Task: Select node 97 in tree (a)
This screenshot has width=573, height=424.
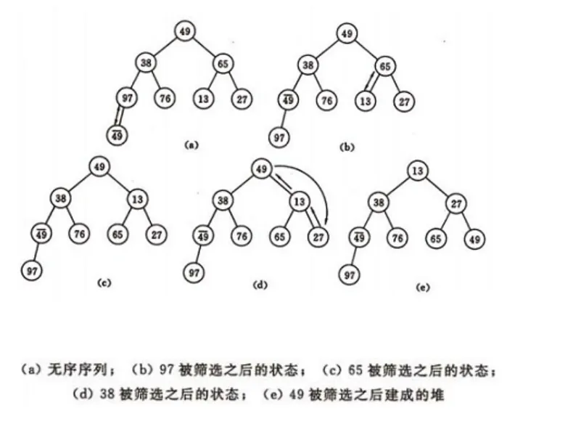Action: point(127,97)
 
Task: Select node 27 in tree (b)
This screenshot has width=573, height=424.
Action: point(404,101)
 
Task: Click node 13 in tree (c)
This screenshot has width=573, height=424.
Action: point(138,197)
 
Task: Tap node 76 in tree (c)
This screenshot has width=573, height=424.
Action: point(80,234)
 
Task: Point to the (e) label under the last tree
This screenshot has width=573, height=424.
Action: point(422,288)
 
